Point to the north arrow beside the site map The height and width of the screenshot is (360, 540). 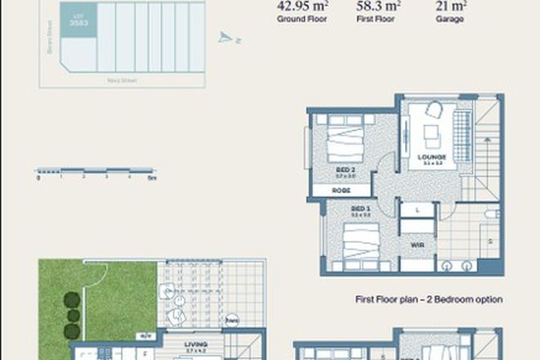pyautogui.click(x=225, y=37)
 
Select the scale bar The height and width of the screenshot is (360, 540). pyautogui.click(x=96, y=171)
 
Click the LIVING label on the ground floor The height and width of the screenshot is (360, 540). pyautogui.click(x=196, y=345)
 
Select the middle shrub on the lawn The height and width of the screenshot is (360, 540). pyautogui.click(x=73, y=315)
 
